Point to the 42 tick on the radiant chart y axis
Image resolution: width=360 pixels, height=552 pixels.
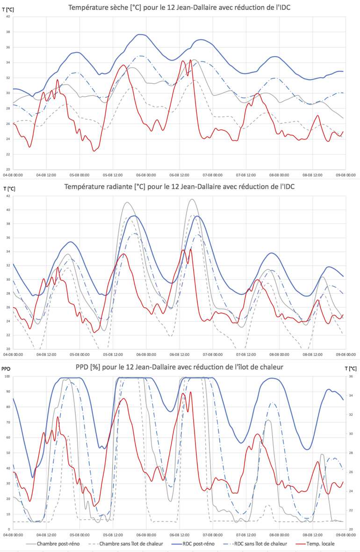coord(8,196)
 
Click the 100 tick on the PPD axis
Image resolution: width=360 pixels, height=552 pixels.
coord(7,377)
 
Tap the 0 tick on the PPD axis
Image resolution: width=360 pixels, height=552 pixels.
coord(9,529)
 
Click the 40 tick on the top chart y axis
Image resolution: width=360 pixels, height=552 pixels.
coord(8,16)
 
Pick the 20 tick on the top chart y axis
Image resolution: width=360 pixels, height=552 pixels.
coord(8,169)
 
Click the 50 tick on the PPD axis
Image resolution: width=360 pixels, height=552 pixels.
coord(8,453)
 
